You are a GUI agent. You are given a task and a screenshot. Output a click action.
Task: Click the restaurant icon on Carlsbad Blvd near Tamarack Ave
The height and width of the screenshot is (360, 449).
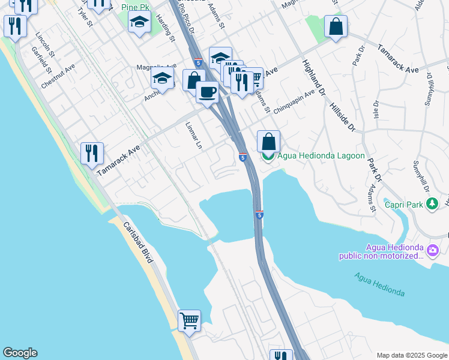pos(92,153)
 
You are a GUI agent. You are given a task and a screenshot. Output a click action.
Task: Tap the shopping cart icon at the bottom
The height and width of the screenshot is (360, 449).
pos(189,320)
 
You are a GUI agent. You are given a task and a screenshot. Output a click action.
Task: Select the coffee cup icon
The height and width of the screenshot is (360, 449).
pos(207,92)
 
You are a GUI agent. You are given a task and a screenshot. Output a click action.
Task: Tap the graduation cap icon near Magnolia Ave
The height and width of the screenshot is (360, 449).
pos(162,77)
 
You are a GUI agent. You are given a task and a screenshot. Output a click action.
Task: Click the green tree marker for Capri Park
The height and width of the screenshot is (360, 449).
pos(432,205)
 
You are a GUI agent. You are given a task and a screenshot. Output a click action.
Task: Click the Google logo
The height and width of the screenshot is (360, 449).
pos(20,353)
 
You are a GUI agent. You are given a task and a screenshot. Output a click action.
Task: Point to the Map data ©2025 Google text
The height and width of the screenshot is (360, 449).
pos(411,355)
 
